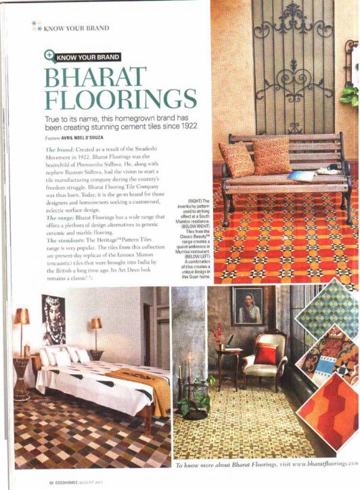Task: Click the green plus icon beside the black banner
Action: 49,57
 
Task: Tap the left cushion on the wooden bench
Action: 236,160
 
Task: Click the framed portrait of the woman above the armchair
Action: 248,306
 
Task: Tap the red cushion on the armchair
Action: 266,353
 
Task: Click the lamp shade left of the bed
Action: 22,317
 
